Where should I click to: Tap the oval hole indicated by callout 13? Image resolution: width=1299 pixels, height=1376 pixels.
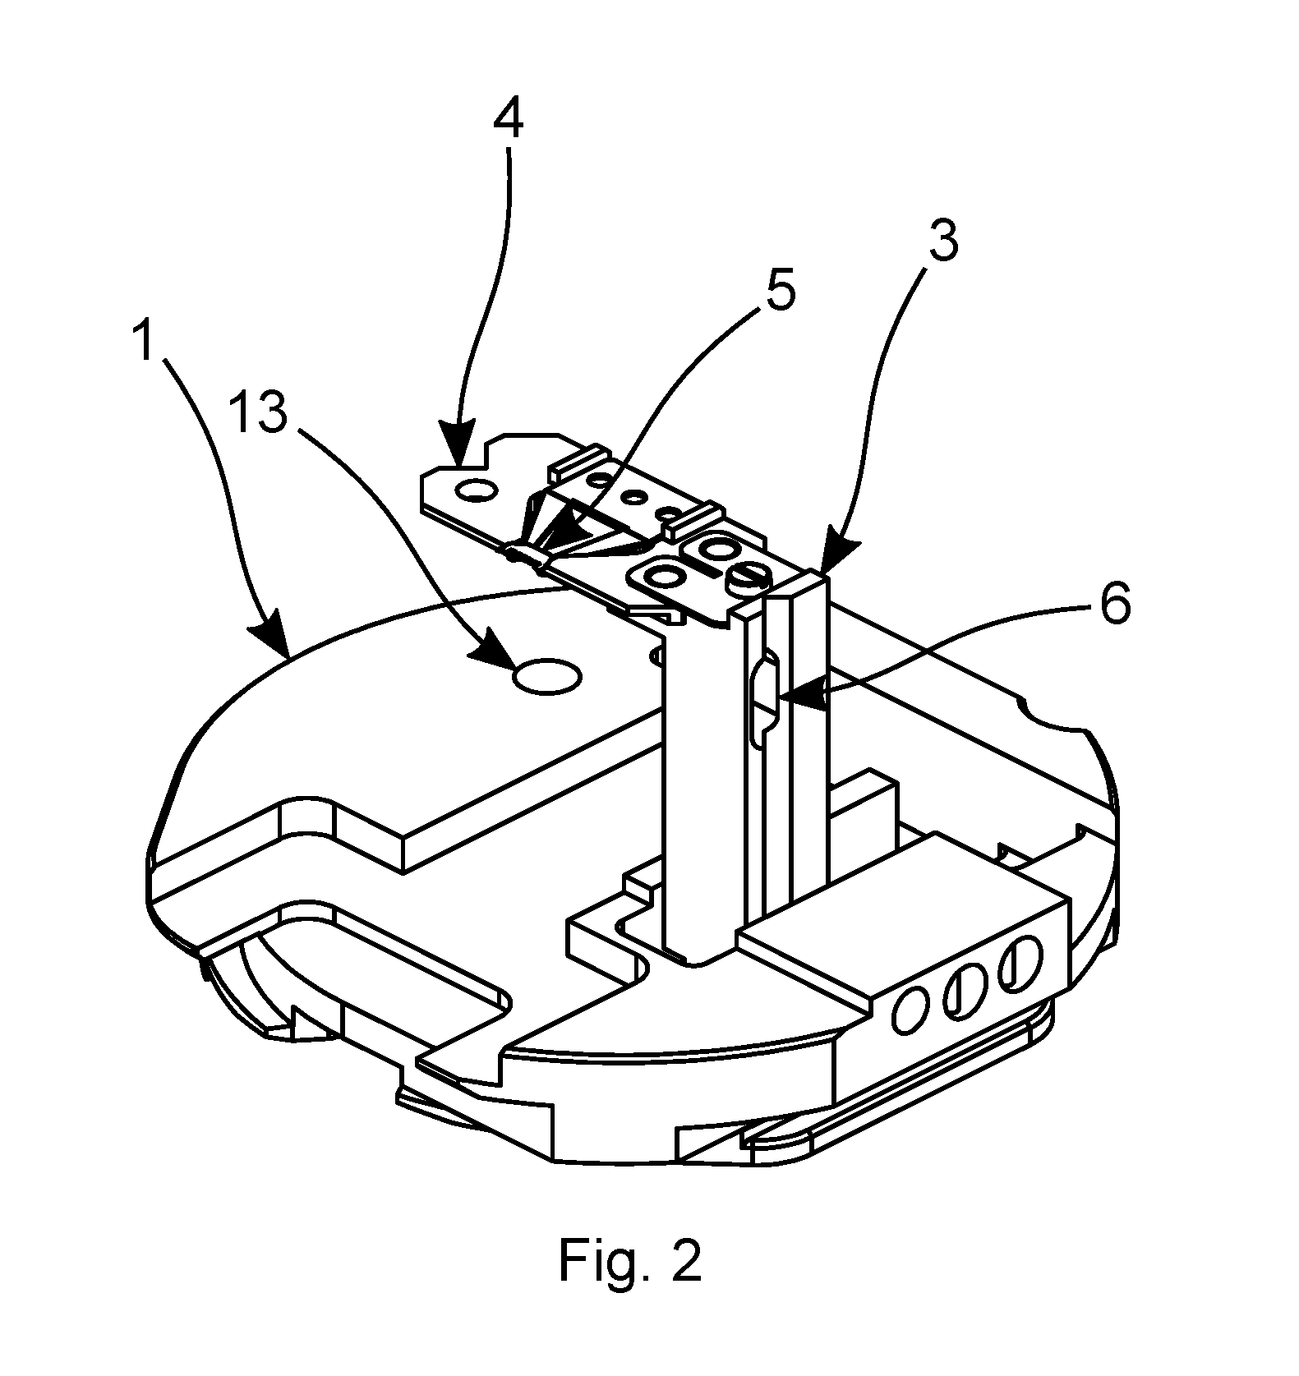point(547,676)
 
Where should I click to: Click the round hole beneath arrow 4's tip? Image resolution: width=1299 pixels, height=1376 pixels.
point(477,491)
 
